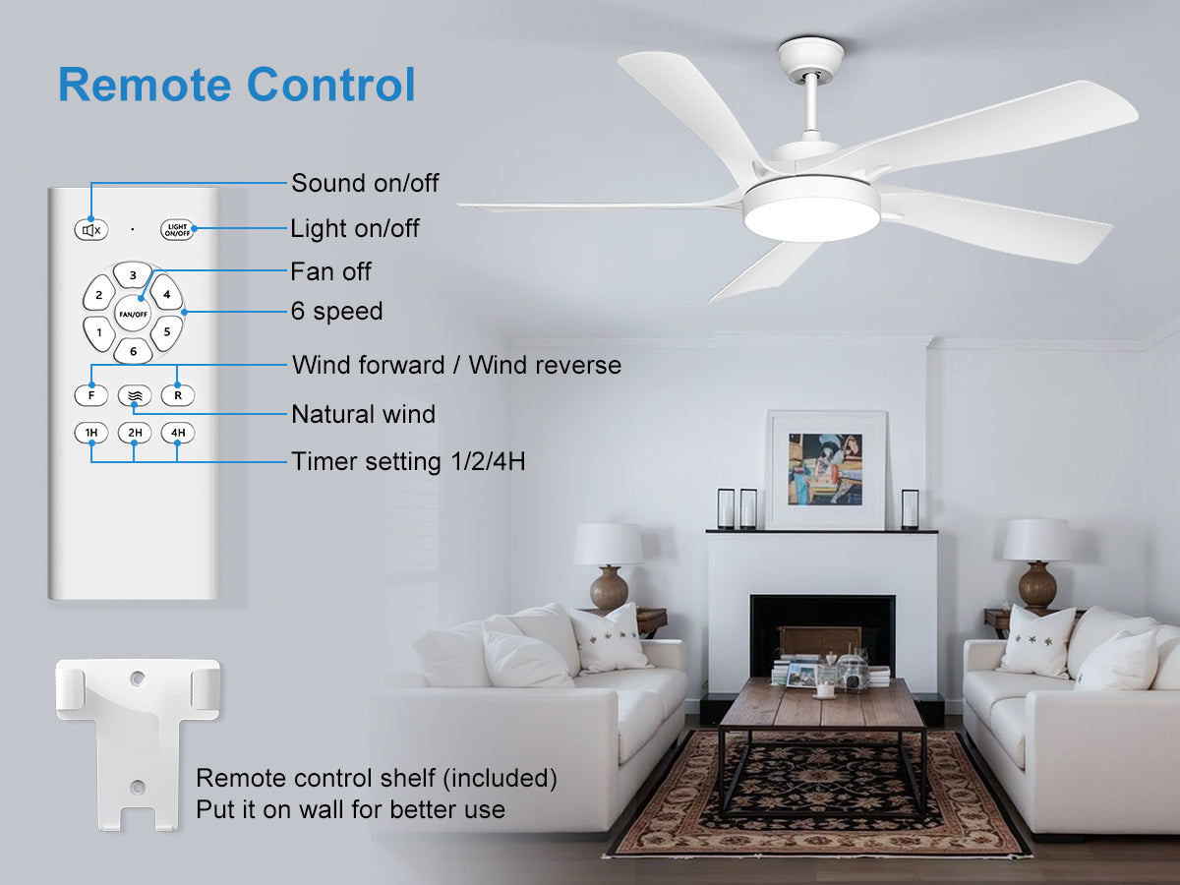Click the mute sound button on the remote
point(90,230)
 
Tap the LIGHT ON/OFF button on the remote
point(177,230)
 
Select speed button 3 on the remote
point(133,275)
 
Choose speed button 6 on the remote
point(134,351)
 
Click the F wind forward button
point(90,395)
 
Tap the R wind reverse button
point(178,395)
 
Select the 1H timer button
point(90,433)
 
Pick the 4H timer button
point(178,433)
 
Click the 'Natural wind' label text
point(364,414)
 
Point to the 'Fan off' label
point(330,272)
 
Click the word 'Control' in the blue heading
point(330,85)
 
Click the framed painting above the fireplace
point(826,470)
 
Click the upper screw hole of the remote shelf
point(138,678)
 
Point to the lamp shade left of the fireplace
point(608,544)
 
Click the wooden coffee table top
point(821,701)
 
